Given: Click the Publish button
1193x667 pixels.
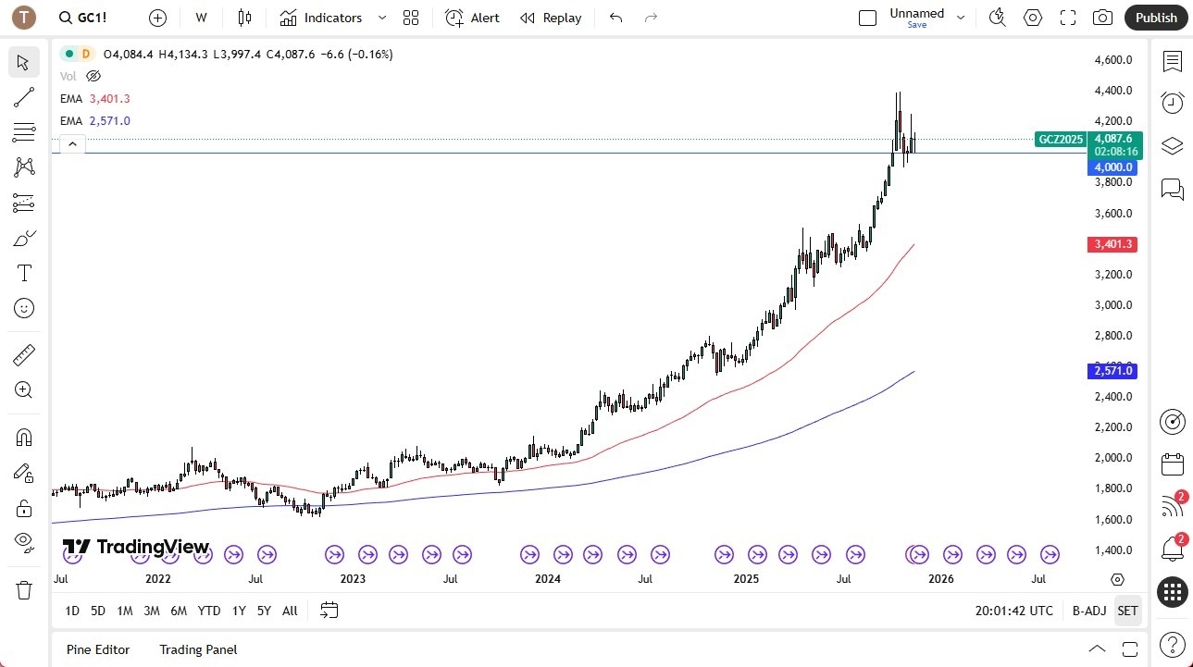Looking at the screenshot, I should (x=1155, y=18).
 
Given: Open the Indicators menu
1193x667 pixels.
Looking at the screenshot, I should (x=321, y=18).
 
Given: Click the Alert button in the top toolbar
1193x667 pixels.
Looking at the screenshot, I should (x=472, y=18).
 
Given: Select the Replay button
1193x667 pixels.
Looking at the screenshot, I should (x=551, y=18).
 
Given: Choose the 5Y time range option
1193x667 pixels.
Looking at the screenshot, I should (x=264, y=611).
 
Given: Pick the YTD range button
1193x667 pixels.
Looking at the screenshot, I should (x=209, y=611).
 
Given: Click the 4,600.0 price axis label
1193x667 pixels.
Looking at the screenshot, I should (x=1113, y=60).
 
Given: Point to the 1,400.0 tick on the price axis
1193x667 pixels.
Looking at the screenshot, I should (x=1113, y=550).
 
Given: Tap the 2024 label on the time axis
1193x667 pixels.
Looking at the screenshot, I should (x=548, y=579).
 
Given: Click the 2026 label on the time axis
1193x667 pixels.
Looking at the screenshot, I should (x=941, y=579).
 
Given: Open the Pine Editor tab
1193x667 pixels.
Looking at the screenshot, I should (x=98, y=649).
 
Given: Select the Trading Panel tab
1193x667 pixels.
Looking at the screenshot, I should (x=198, y=649).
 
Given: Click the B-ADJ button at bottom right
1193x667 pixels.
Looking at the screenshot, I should (x=1089, y=611).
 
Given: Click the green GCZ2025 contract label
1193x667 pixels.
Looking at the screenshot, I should (x=1061, y=140).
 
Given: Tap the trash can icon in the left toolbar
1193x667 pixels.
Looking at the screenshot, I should (x=24, y=589).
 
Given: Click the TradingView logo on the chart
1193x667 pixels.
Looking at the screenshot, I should (x=136, y=547).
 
